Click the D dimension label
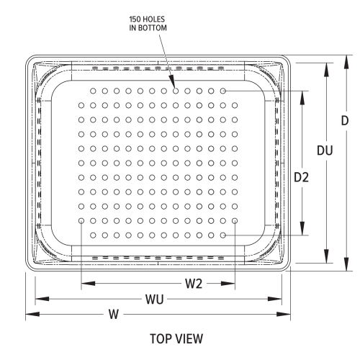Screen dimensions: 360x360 point(345,121)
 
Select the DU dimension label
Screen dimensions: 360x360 point(325,150)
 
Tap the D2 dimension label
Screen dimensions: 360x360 point(301,177)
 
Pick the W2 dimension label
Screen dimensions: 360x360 point(194,284)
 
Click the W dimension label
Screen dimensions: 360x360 point(113,314)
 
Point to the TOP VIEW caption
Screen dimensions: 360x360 point(176,338)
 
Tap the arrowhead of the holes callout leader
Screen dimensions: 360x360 point(173,86)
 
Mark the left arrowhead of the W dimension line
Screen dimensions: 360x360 point(29,314)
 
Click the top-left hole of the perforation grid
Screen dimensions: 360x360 point(93,91)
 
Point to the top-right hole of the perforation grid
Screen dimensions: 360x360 point(223,91)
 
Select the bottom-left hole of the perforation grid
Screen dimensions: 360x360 point(93,235)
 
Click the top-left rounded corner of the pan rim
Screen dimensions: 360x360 point(32,61)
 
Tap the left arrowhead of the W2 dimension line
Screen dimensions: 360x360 point(85,284)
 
